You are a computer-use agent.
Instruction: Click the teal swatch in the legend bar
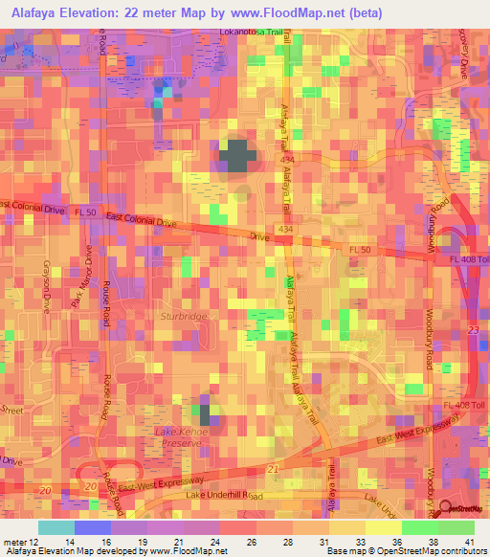pos(56,527)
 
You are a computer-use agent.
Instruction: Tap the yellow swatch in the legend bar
pos(383,527)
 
